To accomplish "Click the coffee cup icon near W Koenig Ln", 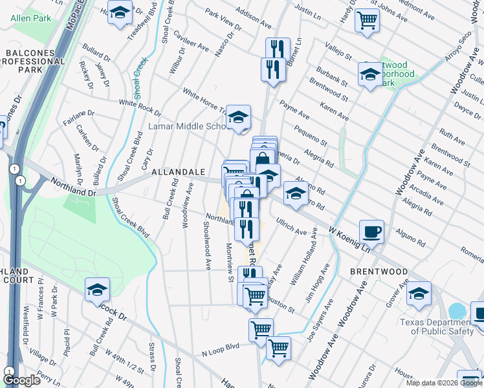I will coord(372,231).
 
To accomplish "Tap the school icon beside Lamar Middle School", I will coord(239,118).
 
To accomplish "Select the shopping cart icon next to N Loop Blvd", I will coord(278,348).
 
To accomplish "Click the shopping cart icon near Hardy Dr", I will coord(368,19).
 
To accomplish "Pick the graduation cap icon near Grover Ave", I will coord(419,294).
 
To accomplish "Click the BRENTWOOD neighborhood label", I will coord(379,272).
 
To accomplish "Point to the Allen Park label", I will coord(30,19).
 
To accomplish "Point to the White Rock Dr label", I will coord(140,103).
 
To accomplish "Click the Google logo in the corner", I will coord(21,380).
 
